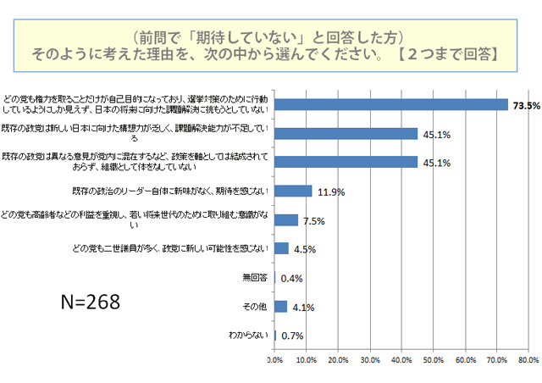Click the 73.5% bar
[391, 104]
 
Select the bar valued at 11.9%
[293, 191]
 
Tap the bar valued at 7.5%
[286, 219]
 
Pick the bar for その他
[281, 307]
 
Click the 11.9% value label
[330, 191]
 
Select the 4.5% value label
[306, 249]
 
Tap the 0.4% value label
[292, 278]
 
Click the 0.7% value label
[293, 336]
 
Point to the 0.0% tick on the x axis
[274, 359]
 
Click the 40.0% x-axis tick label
[401, 359]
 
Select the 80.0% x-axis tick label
[528, 359]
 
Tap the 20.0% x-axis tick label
[338, 359]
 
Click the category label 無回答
[255, 277]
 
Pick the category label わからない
[248, 335]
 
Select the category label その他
[255, 306]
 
